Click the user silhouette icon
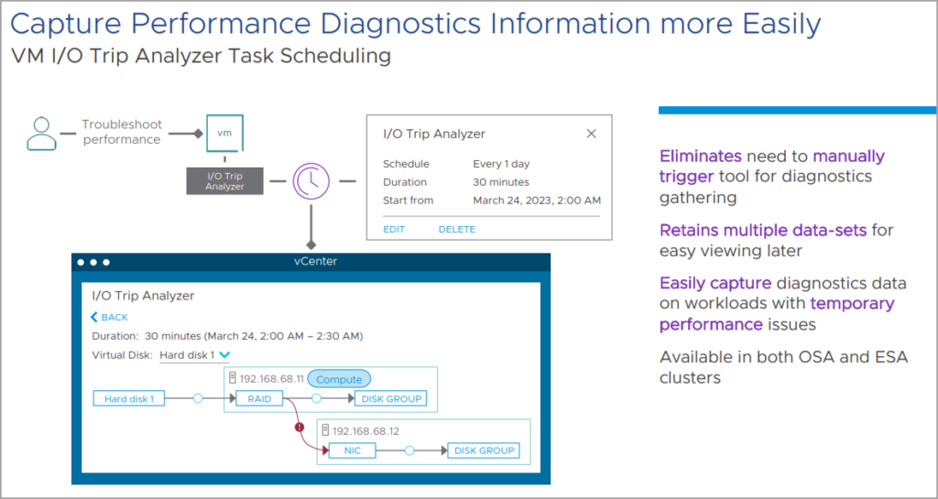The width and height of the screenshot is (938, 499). [41, 133]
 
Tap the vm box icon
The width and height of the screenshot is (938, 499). [224, 134]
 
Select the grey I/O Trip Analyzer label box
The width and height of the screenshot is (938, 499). [225, 181]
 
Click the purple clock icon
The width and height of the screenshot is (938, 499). [311, 181]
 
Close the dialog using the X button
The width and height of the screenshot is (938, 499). [591, 134]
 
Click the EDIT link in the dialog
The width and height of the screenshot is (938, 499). [394, 229]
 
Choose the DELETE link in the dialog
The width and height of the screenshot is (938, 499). [456, 229]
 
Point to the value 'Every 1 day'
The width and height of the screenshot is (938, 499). [501, 165]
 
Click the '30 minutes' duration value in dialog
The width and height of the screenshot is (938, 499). [501, 182]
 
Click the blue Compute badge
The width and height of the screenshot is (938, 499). [339, 379]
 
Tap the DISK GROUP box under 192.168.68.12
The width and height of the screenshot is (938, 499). [485, 450]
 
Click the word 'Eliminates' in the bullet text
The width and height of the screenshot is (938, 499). [700, 156]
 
